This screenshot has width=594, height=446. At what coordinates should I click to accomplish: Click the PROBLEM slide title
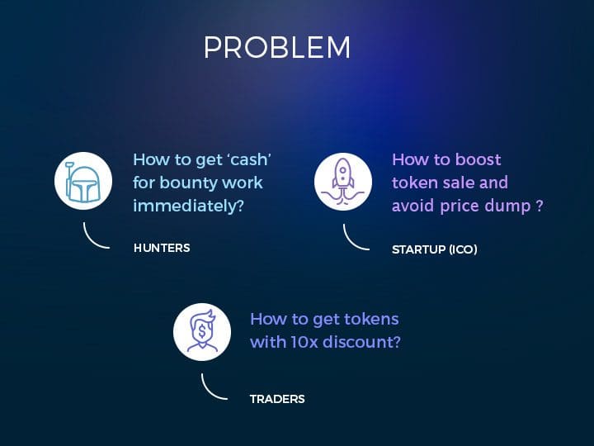click(277, 47)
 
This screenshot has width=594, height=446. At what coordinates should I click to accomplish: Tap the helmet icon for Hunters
click(83, 181)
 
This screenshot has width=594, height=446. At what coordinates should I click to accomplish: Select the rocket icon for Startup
click(343, 182)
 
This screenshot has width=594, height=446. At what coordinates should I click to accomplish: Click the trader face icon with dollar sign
click(202, 332)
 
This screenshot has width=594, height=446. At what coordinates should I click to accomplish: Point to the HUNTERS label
click(162, 248)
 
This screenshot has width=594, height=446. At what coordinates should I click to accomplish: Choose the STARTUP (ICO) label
click(435, 249)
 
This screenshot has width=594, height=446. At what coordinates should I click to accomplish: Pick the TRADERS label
click(277, 399)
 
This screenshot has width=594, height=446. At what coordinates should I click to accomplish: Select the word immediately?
click(188, 206)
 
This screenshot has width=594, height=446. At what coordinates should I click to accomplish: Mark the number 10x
click(304, 342)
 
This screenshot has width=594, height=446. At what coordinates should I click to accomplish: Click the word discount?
click(362, 342)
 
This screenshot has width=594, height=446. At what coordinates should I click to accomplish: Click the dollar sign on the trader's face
click(202, 332)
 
